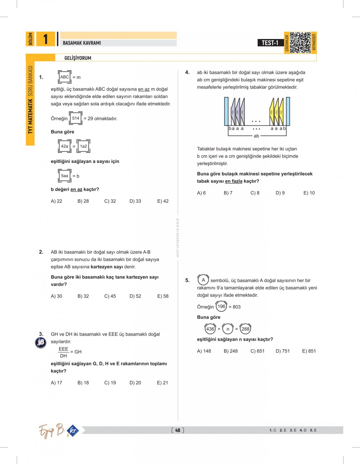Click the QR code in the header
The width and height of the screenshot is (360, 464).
coord(300,43)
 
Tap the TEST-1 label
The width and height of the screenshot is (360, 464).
coord(270,43)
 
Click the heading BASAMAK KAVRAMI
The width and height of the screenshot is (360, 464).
coord(82,43)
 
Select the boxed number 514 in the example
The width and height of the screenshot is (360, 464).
coord(76,118)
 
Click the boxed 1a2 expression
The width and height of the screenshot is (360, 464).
coord(83,146)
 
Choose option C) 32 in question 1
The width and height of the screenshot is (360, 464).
coord(110,201)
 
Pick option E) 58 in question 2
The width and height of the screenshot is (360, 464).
coord(163,296)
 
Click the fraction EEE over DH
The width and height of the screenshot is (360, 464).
coord(63,352)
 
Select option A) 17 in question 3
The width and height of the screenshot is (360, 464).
coord(56,383)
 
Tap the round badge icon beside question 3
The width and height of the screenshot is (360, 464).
coord(41,343)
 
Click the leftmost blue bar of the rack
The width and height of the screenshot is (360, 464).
coord(226,111)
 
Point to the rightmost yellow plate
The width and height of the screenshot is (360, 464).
coord(281,112)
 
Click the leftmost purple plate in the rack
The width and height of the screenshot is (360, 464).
coord(233,112)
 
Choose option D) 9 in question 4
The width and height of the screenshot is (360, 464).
coord(280,193)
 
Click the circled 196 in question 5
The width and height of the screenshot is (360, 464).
coord(221,307)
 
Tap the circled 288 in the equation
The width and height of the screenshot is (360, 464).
coord(245,329)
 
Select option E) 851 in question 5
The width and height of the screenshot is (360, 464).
coord(309,351)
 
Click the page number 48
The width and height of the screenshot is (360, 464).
coord(178,430)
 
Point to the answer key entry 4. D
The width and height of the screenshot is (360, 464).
coord(303,430)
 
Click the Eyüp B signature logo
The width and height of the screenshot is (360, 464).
coord(52,431)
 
